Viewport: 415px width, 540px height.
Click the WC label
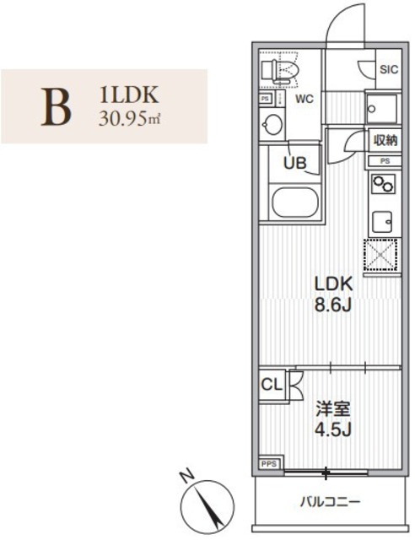(305, 100)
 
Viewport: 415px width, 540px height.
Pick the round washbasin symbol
(272, 125)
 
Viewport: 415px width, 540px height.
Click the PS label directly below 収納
(384, 160)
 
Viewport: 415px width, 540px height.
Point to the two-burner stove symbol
(383, 184)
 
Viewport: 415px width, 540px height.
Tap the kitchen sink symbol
(383, 221)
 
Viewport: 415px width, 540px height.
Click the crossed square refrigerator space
(382, 256)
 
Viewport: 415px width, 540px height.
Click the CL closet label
(272, 384)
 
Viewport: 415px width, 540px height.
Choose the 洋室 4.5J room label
(334, 420)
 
